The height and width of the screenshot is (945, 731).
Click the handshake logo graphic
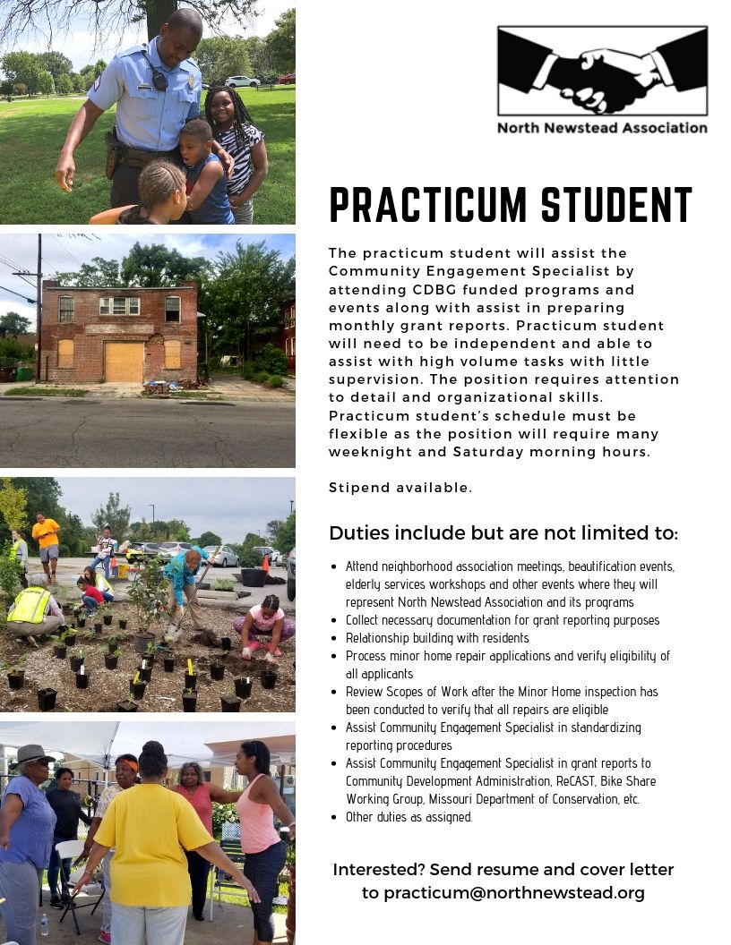point(602,71)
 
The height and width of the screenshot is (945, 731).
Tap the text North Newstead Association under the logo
point(602,127)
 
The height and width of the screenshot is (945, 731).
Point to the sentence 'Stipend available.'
point(400,488)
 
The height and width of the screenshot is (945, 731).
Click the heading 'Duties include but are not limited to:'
point(503,533)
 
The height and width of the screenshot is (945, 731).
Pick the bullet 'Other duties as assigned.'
point(408,817)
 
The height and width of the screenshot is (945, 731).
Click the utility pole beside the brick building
point(39,304)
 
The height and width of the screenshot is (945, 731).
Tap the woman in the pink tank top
point(261,832)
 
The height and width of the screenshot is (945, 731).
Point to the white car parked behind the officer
point(242,81)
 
